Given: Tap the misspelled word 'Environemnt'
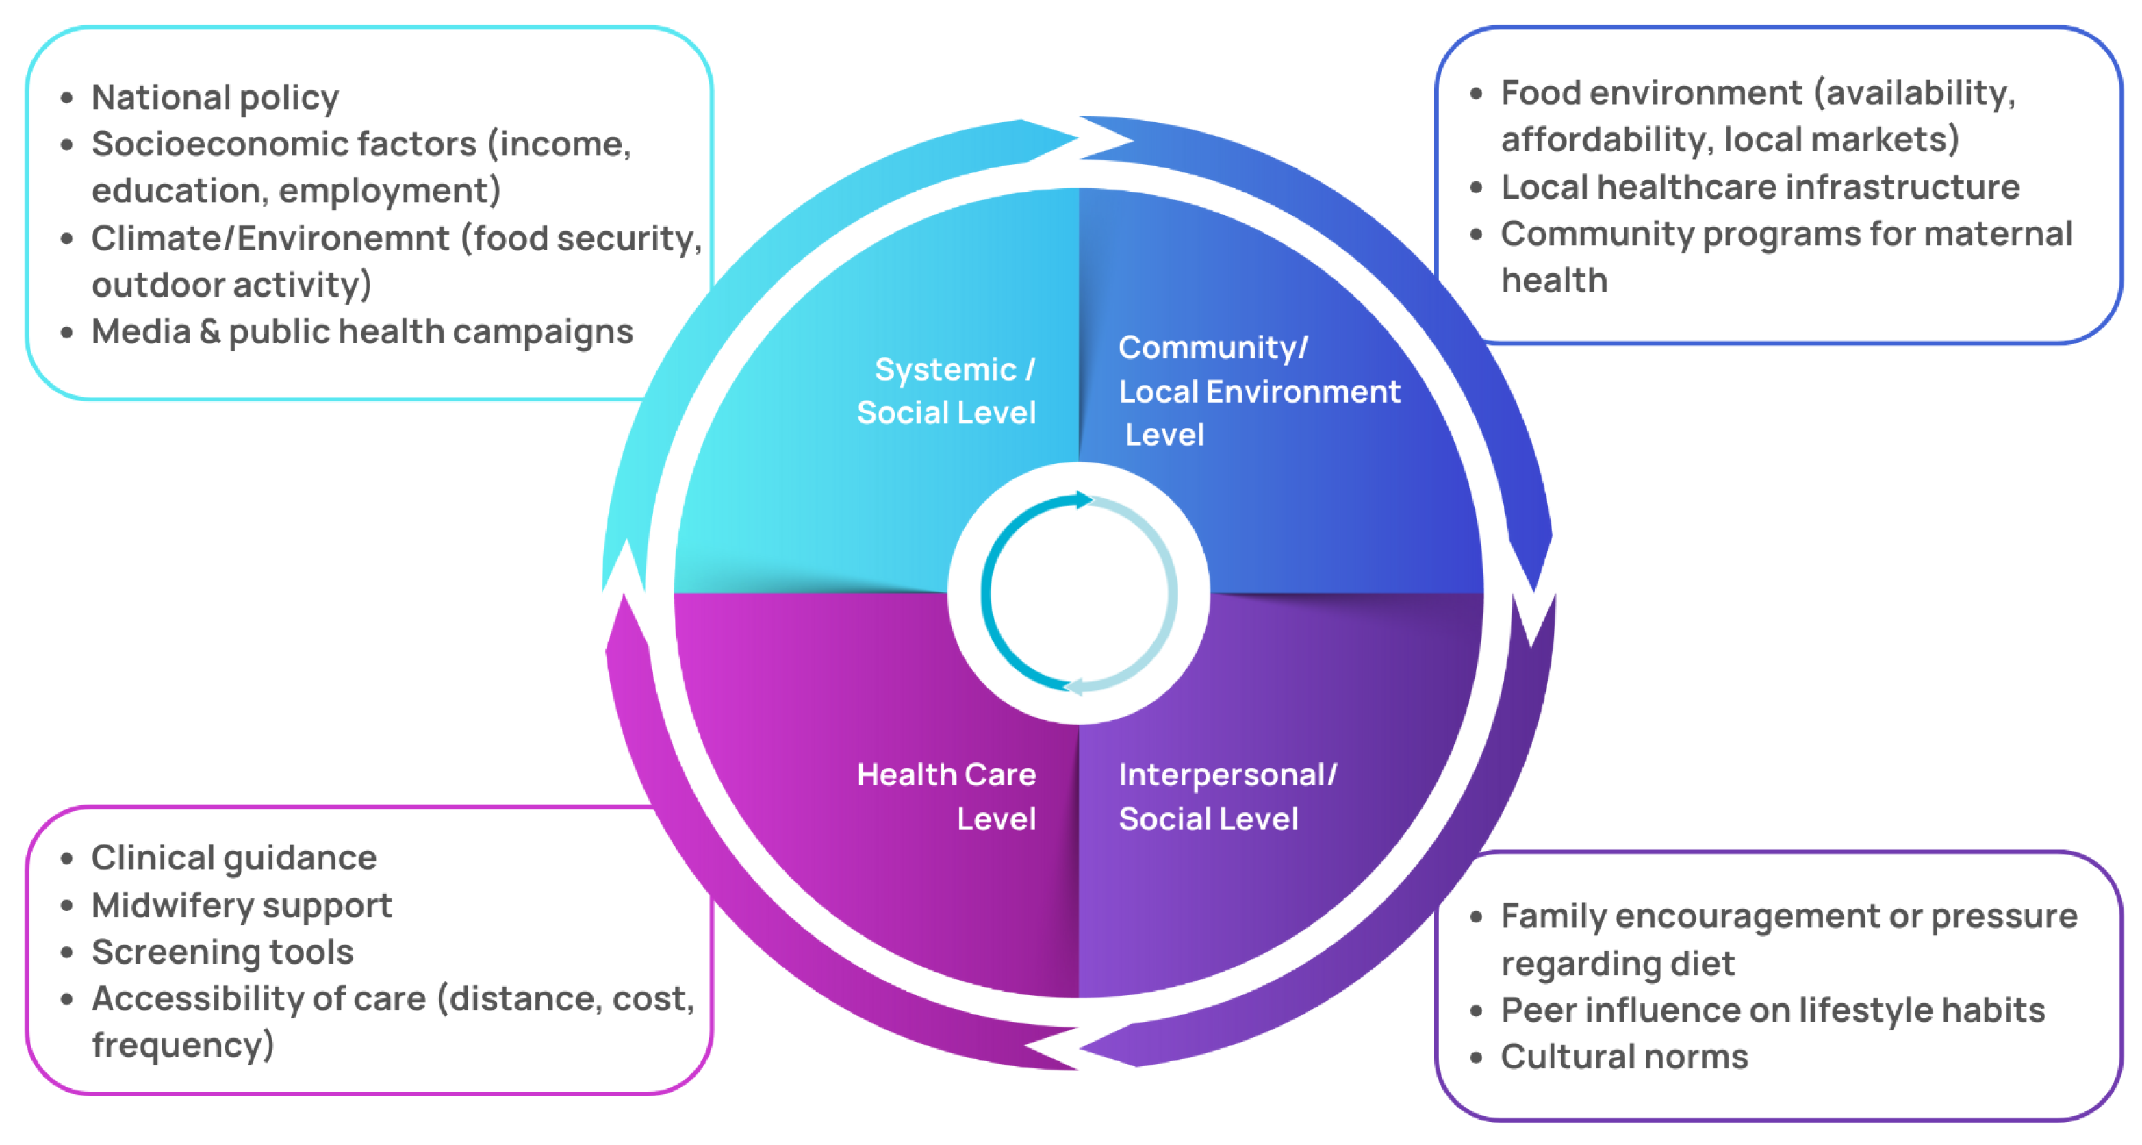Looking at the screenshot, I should pos(342,238).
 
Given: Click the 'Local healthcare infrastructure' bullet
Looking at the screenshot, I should pos(1759,187).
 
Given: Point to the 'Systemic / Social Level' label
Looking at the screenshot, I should pos(947,391).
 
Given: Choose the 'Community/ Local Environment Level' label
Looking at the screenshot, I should pos(1258,391).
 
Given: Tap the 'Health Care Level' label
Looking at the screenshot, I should pos(947,796).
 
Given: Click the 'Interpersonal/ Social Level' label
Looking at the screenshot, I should pos(1227,796).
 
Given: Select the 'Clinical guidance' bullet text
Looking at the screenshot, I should pos(233,858).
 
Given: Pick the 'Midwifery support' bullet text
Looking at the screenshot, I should pos(241,905).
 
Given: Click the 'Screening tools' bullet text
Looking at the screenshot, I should pos(222,952).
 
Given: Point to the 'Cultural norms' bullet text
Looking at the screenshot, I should pos(1624,1057).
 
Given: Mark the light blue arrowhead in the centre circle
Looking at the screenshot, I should pos(1073,687).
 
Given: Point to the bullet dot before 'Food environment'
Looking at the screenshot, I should pos(1476,93).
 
